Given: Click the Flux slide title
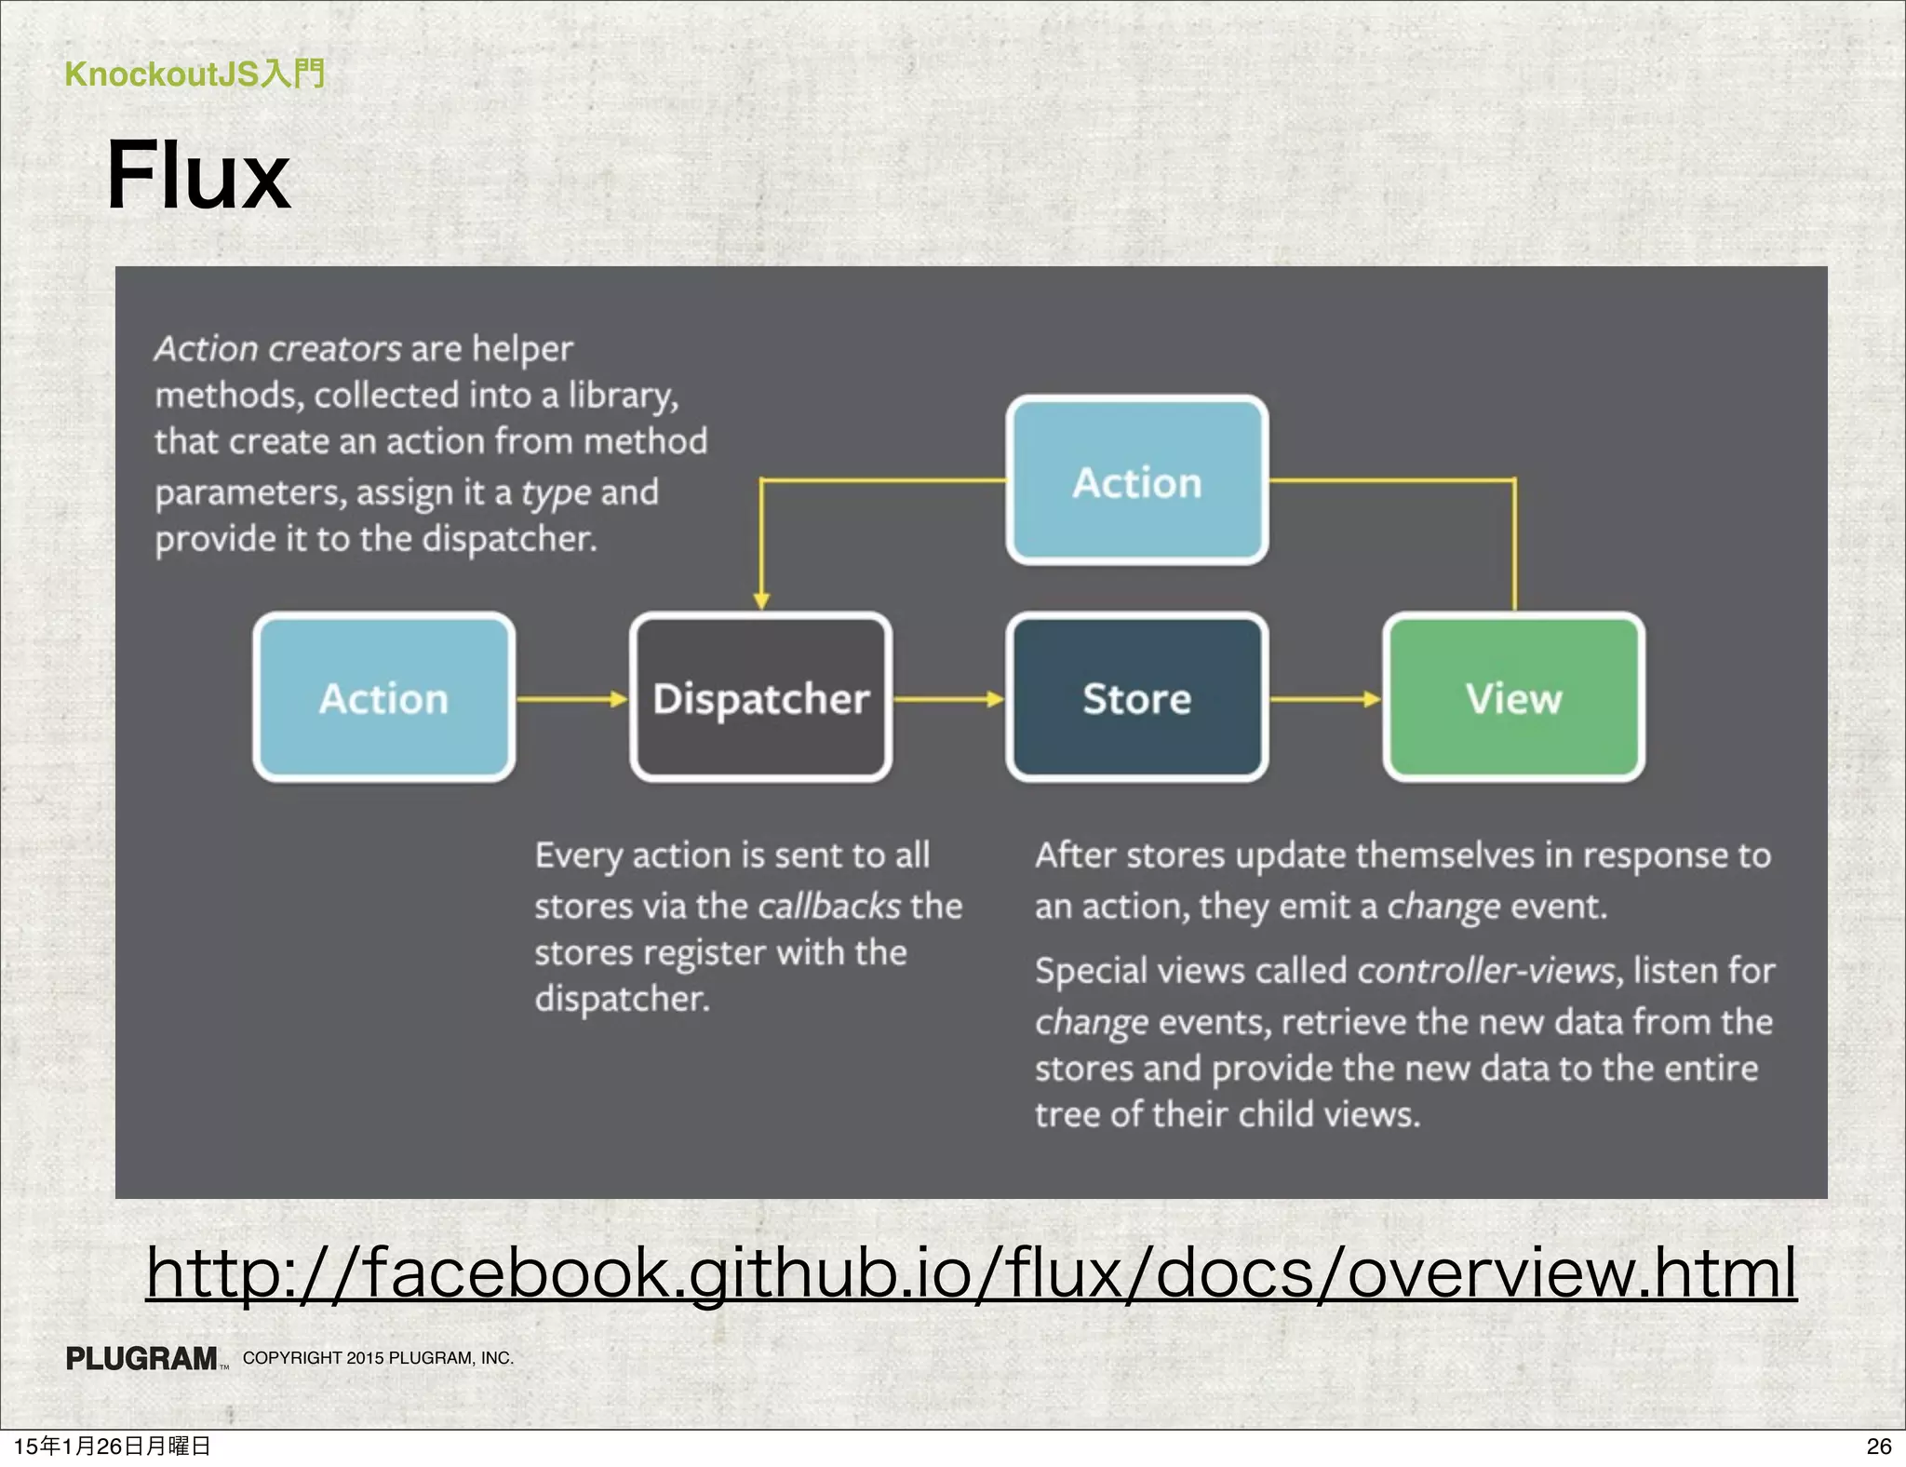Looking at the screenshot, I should [198, 175].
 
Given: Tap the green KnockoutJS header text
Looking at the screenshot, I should [195, 74].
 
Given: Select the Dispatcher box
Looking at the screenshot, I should [760, 698].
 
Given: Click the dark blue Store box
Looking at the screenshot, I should [1136, 698].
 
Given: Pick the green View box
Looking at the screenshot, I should [1513, 698].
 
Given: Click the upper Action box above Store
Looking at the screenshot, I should [1136, 481].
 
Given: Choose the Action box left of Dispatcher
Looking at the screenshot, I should [383, 698].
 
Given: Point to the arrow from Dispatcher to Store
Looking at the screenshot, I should [948, 698].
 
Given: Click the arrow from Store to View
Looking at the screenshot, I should [1325, 698].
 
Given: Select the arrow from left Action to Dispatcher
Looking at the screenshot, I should [572, 698].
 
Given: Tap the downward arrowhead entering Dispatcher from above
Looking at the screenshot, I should [761, 599].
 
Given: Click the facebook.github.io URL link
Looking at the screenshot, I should [971, 1272].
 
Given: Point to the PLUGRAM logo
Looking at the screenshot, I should [142, 1358].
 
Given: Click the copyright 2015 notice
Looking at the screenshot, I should [378, 1358].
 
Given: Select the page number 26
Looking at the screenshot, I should [1879, 1446].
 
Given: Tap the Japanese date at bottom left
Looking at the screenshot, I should [112, 1446].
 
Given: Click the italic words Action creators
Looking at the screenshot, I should [277, 349].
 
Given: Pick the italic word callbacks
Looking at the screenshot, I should [828, 906].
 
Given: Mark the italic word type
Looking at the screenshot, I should [556, 492].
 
